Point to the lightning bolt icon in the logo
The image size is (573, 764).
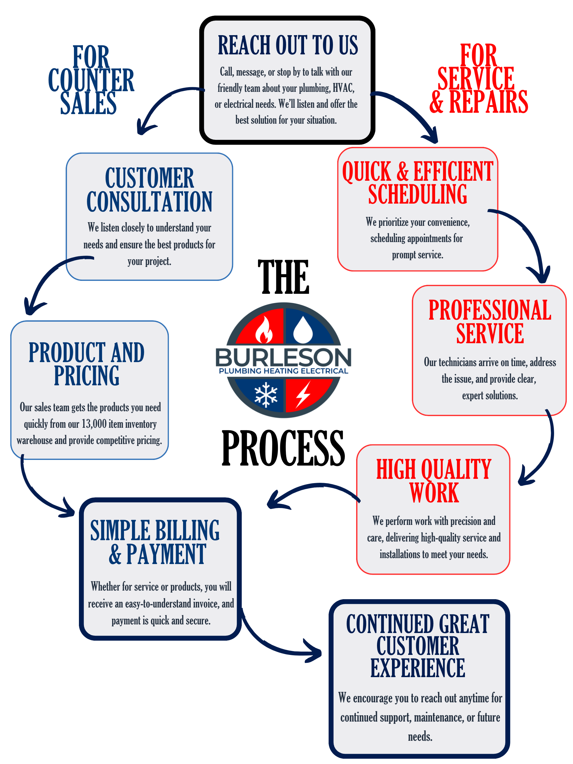(x=303, y=394)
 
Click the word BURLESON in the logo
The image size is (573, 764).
(x=283, y=357)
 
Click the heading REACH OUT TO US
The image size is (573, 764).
(x=288, y=45)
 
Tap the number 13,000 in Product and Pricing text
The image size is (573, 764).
(x=94, y=424)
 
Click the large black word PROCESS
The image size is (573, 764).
(x=283, y=448)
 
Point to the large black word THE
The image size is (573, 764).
(x=283, y=277)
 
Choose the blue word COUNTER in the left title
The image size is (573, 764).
(x=91, y=81)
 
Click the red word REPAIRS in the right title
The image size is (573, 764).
(x=488, y=102)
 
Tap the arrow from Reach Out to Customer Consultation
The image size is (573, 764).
(x=162, y=103)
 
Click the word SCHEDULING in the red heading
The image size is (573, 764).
(x=417, y=194)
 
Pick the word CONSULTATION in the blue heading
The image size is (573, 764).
(x=149, y=202)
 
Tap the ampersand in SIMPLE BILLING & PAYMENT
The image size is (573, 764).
(x=115, y=554)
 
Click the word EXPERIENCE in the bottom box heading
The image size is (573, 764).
(x=417, y=668)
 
